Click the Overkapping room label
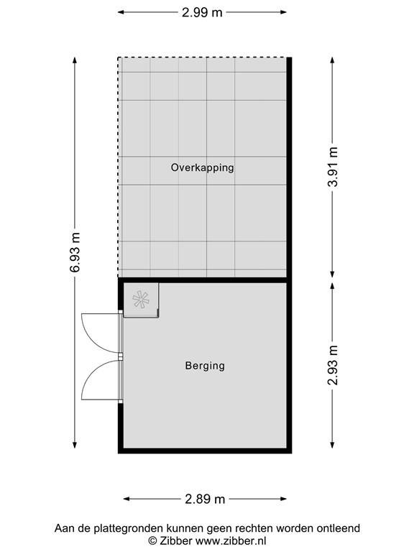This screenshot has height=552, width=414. [x=203, y=167]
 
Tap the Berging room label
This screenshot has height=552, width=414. [x=205, y=366]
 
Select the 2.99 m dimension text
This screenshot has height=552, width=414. [x=202, y=12]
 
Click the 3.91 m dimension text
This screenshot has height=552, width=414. [x=332, y=167]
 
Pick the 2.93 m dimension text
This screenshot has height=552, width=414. [x=332, y=366]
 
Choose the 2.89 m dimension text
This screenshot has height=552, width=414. [x=205, y=499]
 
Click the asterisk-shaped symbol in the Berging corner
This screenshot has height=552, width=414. [x=141, y=299]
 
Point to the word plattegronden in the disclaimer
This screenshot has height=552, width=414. [x=123, y=528]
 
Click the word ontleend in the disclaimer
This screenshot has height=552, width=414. [x=337, y=528]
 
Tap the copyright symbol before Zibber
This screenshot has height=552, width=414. [x=152, y=540]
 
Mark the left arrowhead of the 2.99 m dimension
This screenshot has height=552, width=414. [x=121, y=12]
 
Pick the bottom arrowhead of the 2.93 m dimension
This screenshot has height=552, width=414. [x=332, y=443]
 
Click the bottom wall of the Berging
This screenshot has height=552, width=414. [x=206, y=451]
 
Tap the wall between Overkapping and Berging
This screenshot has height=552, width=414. [x=206, y=279]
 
